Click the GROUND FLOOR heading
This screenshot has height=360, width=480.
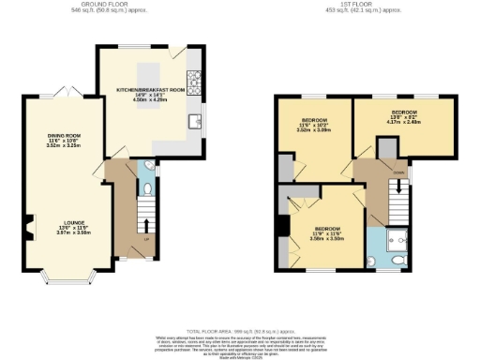click(102, 4)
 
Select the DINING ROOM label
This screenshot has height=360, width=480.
click(65, 136)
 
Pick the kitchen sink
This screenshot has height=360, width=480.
click(195, 120)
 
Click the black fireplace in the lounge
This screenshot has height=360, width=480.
click(28, 225)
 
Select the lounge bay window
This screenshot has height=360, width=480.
click(65, 279)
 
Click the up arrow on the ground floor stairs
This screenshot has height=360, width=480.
click(146, 224)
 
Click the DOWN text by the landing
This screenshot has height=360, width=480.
click(400, 172)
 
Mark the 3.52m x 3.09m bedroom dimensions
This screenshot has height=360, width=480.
click(314, 131)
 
